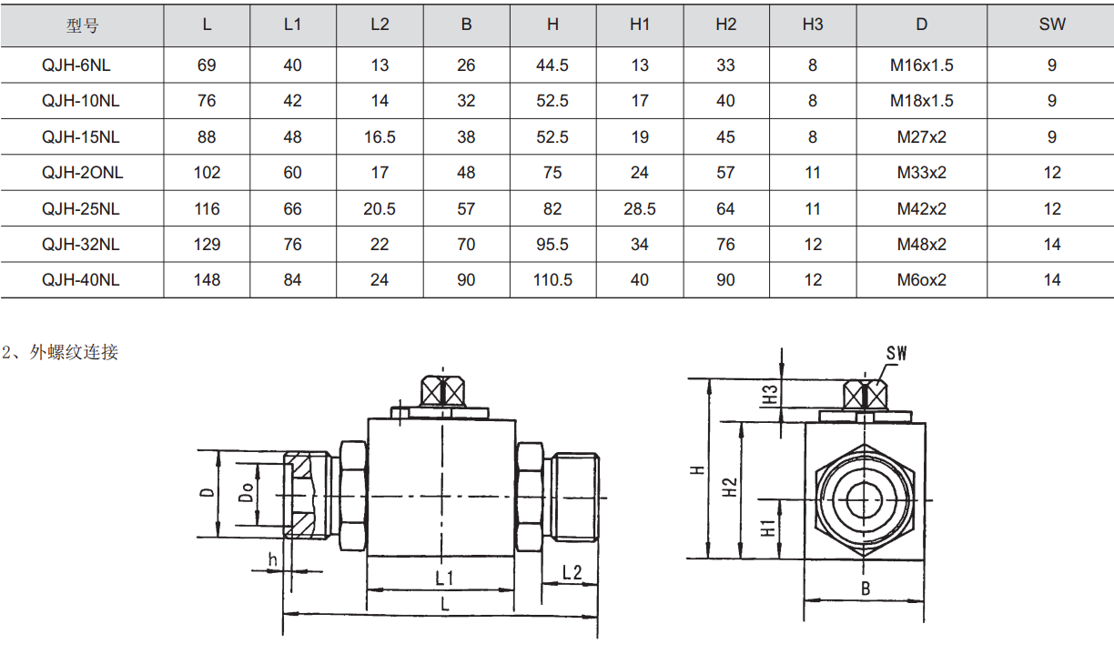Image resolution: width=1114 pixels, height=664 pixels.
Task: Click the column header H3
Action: coord(813,25)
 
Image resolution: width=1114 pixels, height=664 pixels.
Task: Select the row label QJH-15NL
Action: coord(81,136)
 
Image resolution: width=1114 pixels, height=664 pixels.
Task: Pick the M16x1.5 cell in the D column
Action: coord(922,65)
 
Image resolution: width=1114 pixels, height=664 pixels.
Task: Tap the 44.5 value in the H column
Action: coord(552,65)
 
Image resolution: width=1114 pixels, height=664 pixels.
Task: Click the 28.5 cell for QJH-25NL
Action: coord(640,208)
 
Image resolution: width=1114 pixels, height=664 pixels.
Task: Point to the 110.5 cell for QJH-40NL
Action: coord(552,280)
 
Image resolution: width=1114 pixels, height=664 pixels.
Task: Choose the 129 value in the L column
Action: coord(207,245)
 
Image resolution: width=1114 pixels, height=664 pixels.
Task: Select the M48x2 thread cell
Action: coord(922,245)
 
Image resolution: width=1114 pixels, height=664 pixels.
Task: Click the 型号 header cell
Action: coord(83,25)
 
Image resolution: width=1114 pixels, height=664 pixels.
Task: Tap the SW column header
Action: coord(1052,25)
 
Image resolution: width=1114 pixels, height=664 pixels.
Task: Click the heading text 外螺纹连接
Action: coord(74,352)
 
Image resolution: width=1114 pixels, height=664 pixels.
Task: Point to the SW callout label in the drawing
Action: coord(896,353)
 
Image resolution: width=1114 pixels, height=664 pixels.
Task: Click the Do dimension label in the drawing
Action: coord(247,492)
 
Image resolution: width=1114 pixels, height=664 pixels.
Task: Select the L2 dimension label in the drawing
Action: coord(572,572)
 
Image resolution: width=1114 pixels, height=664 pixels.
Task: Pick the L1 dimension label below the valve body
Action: coord(444,578)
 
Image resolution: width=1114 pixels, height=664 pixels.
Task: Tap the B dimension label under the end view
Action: coord(866,589)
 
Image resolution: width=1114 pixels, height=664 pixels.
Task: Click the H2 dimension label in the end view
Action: coord(730,487)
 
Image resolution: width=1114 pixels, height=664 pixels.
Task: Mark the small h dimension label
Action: coord(272,559)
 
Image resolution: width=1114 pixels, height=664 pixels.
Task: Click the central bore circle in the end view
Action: coord(865,500)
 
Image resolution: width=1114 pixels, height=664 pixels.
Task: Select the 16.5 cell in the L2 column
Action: coord(380,136)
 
